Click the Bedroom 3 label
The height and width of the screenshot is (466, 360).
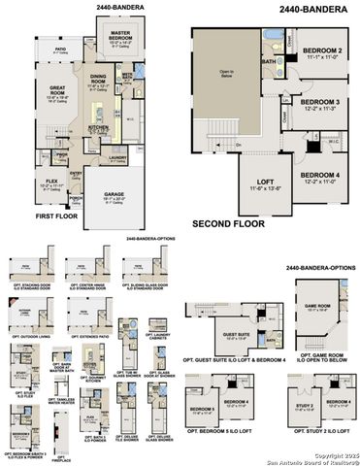[320, 104]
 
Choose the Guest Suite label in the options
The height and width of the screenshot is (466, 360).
[237, 335]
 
